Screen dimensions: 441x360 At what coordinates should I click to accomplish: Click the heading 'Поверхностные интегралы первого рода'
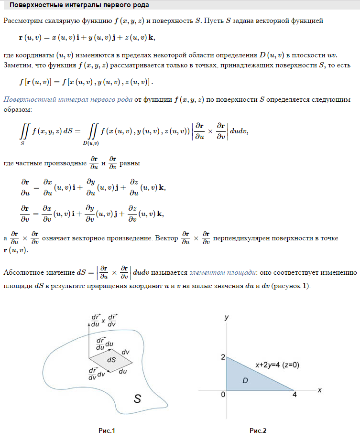point(79,6)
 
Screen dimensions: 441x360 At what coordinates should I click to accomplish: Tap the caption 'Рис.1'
point(107,431)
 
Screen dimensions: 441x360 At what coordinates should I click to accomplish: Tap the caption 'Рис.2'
point(258,431)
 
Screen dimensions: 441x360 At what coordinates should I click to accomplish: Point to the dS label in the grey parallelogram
point(111,359)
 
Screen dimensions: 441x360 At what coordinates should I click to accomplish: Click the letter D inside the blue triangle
point(245,381)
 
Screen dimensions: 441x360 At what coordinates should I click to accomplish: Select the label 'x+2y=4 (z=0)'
point(278,365)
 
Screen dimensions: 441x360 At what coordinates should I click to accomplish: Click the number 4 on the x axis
point(295,395)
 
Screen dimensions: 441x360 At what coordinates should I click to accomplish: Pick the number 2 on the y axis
point(223,357)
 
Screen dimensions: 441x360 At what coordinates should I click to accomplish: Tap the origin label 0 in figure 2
point(223,395)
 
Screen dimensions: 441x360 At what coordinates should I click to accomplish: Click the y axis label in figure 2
point(227,317)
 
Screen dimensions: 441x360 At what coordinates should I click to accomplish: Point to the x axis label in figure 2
point(318,390)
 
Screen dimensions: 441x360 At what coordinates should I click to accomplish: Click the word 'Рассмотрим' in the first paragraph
point(22,22)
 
